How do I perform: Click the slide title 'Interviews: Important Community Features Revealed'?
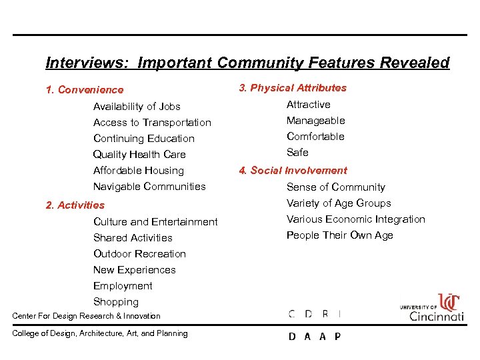(x=247, y=63)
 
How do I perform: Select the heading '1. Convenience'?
(x=85, y=90)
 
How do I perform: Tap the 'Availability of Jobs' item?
(x=137, y=107)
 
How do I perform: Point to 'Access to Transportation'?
(x=152, y=123)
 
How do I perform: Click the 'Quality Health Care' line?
(x=139, y=155)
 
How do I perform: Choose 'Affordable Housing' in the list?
(x=138, y=171)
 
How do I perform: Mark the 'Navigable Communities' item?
(x=149, y=187)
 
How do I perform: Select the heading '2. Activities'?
(x=75, y=205)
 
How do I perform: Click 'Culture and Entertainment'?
(x=155, y=222)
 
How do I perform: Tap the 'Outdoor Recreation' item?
(x=139, y=254)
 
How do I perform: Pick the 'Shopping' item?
(x=116, y=302)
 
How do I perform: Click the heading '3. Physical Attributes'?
(x=292, y=88)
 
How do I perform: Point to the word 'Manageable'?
(x=315, y=121)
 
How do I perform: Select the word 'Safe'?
(x=297, y=153)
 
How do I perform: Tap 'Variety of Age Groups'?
(x=339, y=203)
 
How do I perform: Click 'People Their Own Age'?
(x=339, y=235)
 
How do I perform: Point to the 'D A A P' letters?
(x=314, y=337)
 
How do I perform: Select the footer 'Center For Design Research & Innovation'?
(x=87, y=316)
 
